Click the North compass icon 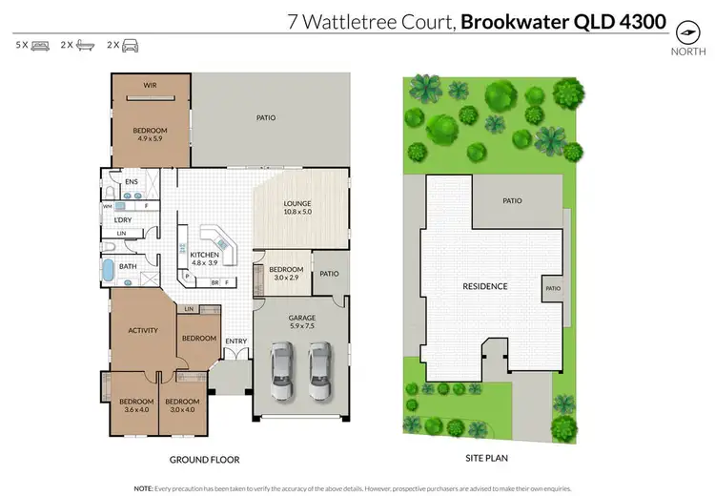pyautogui.click(x=684, y=31)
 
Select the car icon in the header pyautogui.click(x=129, y=45)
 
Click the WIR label pyautogui.click(x=151, y=85)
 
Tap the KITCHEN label pyautogui.click(x=205, y=256)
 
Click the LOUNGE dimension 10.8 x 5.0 pyautogui.click(x=297, y=213)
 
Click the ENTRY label pyautogui.click(x=235, y=341)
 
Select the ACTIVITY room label pyautogui.click(x=143, y=331)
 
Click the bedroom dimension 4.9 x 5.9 pyautogui.click(x=150, y=139)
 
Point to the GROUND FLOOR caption pyautogui.click(x=204, y=459)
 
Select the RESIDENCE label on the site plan pyautogui.click(x=484, y=286)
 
